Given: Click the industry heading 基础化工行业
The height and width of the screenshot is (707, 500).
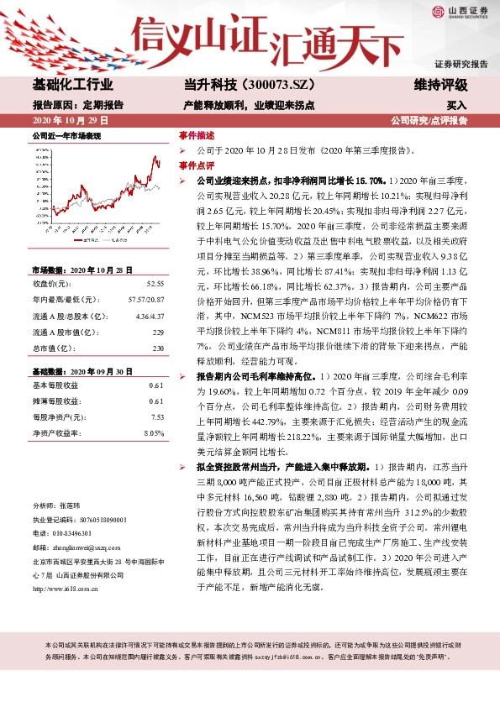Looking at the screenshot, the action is point(72,85).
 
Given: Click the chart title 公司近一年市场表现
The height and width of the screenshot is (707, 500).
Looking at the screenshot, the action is point(66,136).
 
